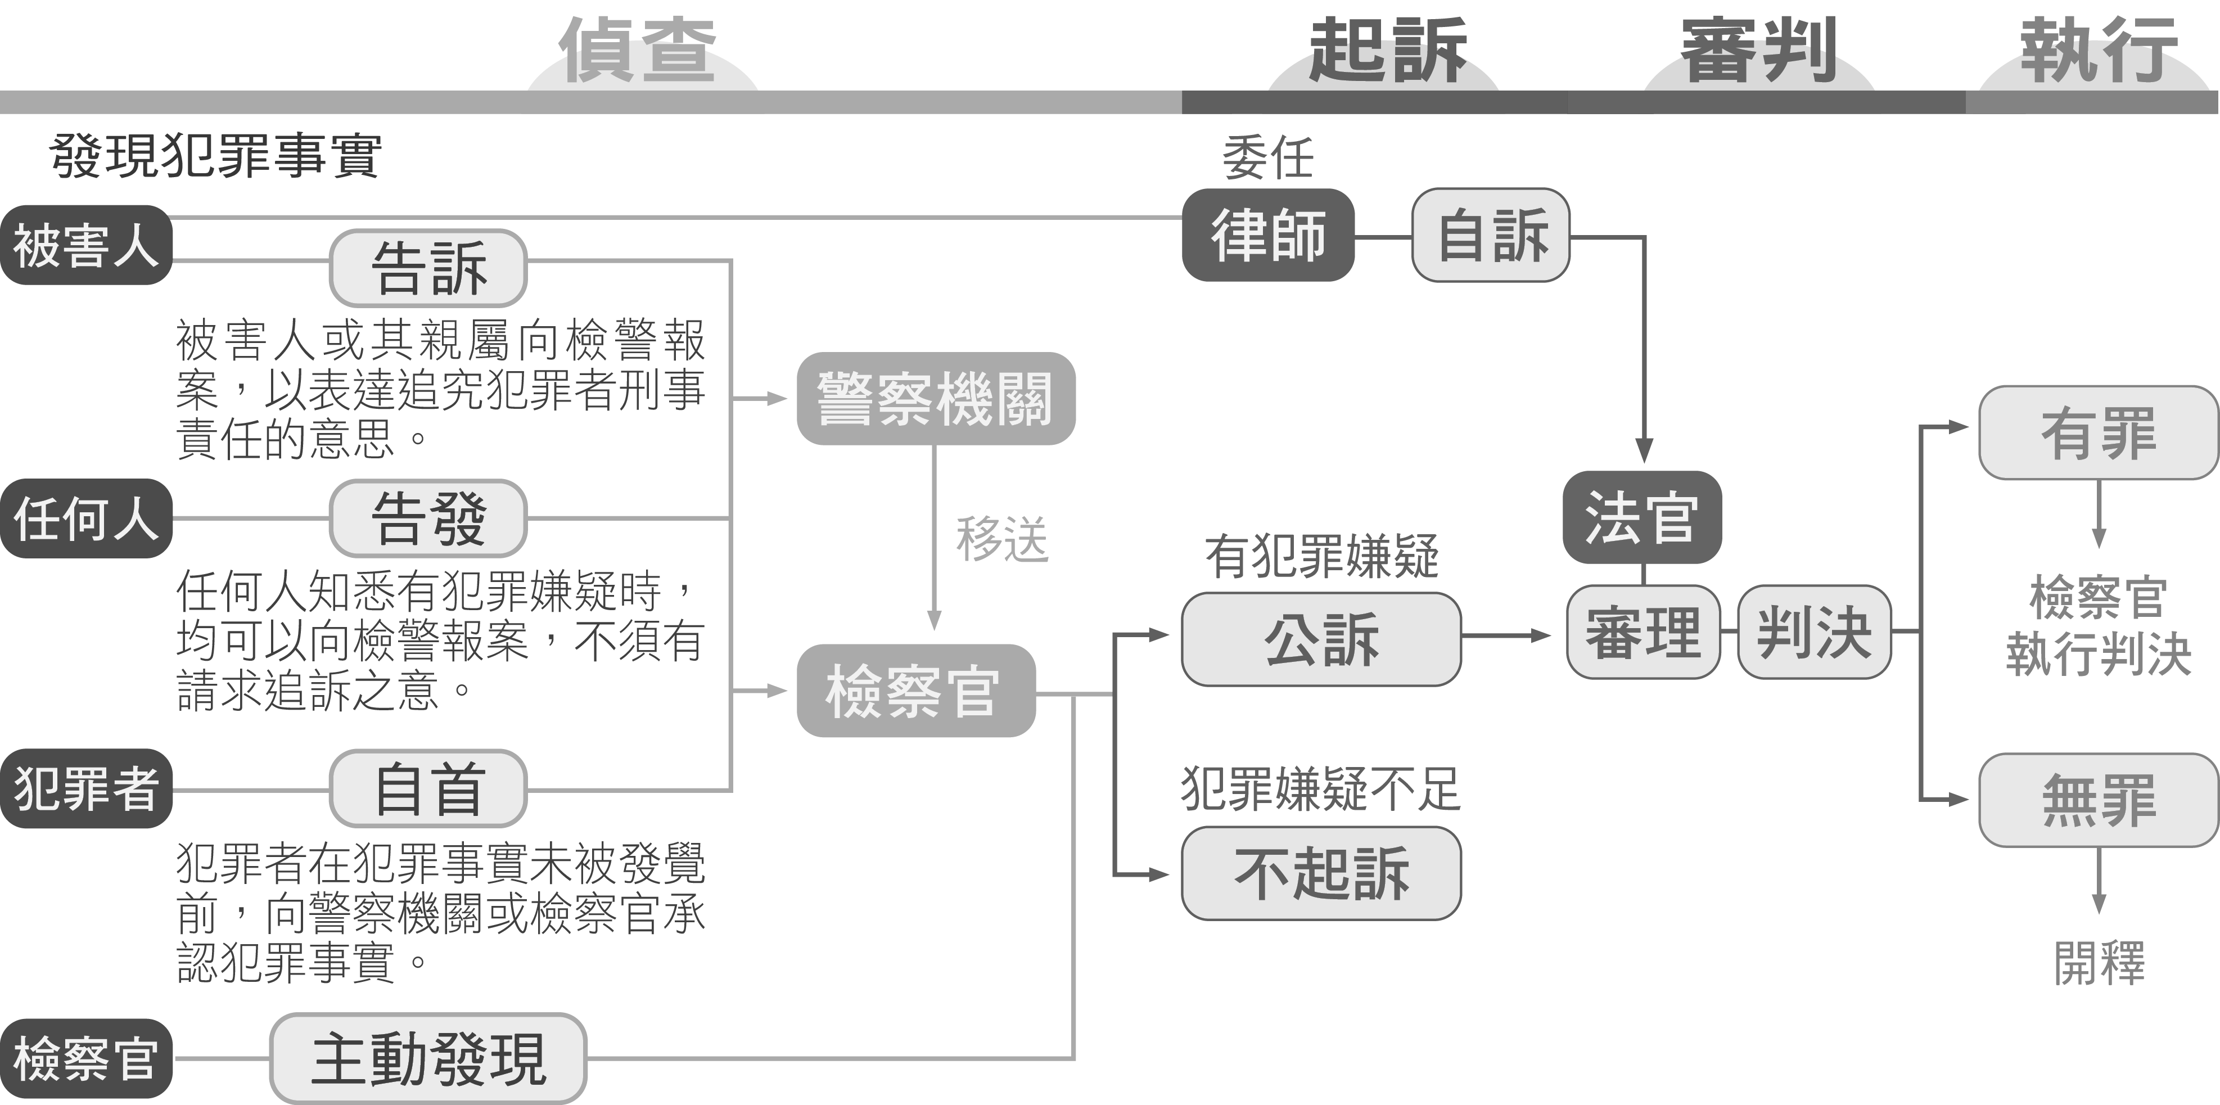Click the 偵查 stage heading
637,50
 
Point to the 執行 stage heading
2099,50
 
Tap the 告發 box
428,518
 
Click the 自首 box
428,788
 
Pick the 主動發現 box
428,1058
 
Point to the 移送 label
1001,540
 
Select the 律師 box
1267,235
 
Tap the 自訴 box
1491,235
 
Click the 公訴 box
1321,639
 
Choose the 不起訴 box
1321,873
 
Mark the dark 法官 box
1642,517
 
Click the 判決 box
1814,633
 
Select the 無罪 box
2099,800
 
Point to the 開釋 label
2099,963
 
